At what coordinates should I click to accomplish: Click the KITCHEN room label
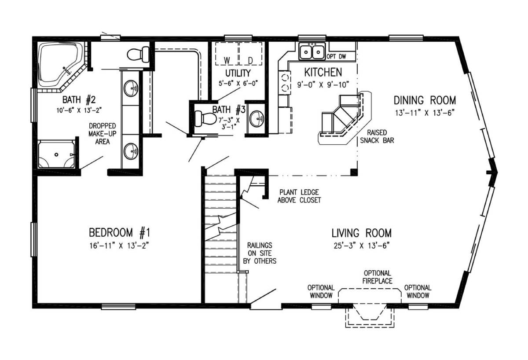(x=323, y=72)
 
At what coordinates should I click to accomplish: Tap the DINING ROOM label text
(x=425, y=100)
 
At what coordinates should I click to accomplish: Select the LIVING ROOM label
(x=361, y=233)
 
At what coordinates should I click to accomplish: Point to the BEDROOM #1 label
(x=120, y=232)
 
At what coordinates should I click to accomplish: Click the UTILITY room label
(x=238, y=73)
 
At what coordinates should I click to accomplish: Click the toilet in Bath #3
(x=204, y=118)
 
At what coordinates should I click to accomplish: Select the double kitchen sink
(x=312, y=51)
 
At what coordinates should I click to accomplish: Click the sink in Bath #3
(x=257, y=118)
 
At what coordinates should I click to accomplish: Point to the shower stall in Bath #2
(x=56, y=154)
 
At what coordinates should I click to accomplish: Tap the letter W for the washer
(x=227, y=59)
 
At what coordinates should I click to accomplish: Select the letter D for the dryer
(x=250, y=59)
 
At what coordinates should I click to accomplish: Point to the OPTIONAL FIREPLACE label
(x=378, y=277)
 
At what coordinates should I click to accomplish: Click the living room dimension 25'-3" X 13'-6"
(x=361, y=246)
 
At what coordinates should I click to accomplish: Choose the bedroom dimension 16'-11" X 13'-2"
(x=120, y=245)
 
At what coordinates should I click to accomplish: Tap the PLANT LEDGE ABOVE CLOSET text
(x=299, y=196)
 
